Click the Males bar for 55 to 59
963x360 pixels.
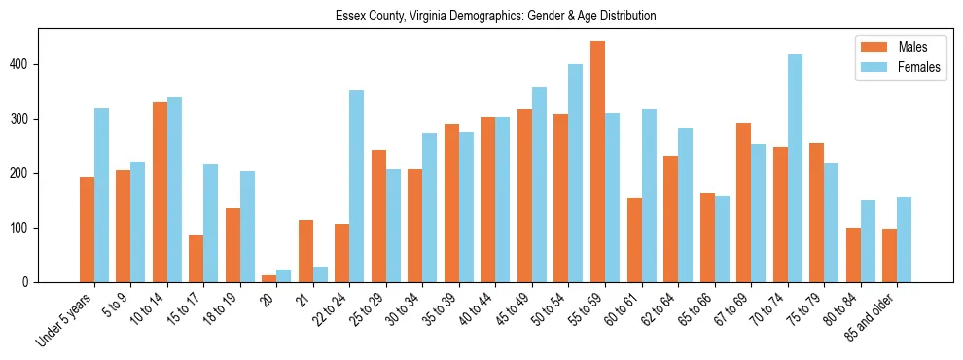597,162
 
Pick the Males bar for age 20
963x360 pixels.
269,278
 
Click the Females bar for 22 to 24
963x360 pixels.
357,186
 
